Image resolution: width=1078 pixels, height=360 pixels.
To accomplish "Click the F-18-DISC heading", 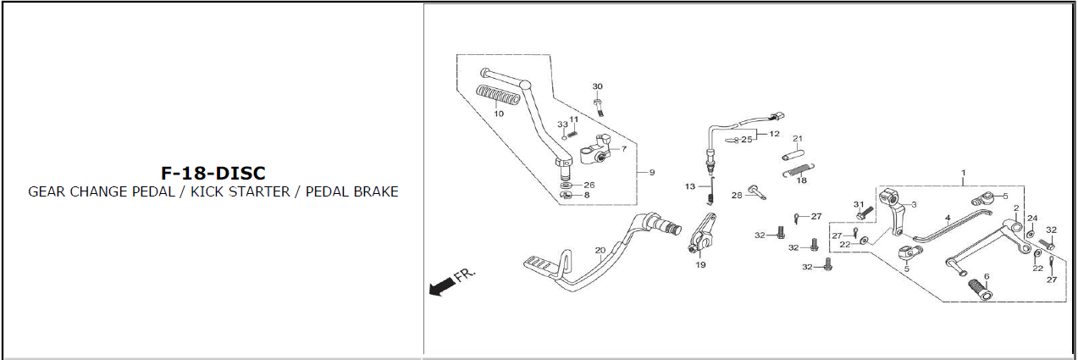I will click(213, 174).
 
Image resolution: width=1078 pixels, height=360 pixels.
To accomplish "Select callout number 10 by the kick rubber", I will click(499, 114).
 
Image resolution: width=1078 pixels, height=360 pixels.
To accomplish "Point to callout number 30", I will click(597, 87).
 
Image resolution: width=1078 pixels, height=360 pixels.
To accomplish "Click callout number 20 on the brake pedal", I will click(600, 250).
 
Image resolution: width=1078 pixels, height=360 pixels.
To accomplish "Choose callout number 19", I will click(700, 265).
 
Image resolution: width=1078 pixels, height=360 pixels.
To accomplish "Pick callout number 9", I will click(651, 173).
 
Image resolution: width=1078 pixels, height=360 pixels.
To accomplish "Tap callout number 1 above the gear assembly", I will click(963, 173).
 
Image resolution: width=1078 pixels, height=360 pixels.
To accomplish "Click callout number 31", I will click(858, 204).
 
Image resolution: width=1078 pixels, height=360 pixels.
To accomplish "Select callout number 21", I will click(797, 139).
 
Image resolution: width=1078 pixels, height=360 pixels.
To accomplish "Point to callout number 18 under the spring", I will click(801, 180).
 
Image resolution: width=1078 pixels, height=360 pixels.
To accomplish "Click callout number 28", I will click(737, 195).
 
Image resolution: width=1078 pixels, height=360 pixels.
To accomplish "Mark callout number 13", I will click(689, 186).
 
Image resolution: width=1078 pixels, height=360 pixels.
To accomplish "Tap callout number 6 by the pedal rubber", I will click(986, 277).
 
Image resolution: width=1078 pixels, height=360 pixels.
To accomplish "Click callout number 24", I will click(1031, 219).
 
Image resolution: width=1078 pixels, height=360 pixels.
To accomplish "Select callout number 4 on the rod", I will click(948, 219).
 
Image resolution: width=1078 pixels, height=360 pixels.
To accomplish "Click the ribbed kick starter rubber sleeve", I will click(500, 95).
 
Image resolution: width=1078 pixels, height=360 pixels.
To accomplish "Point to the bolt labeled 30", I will click(599, 106).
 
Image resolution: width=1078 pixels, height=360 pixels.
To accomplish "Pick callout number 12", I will click(774, 134).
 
